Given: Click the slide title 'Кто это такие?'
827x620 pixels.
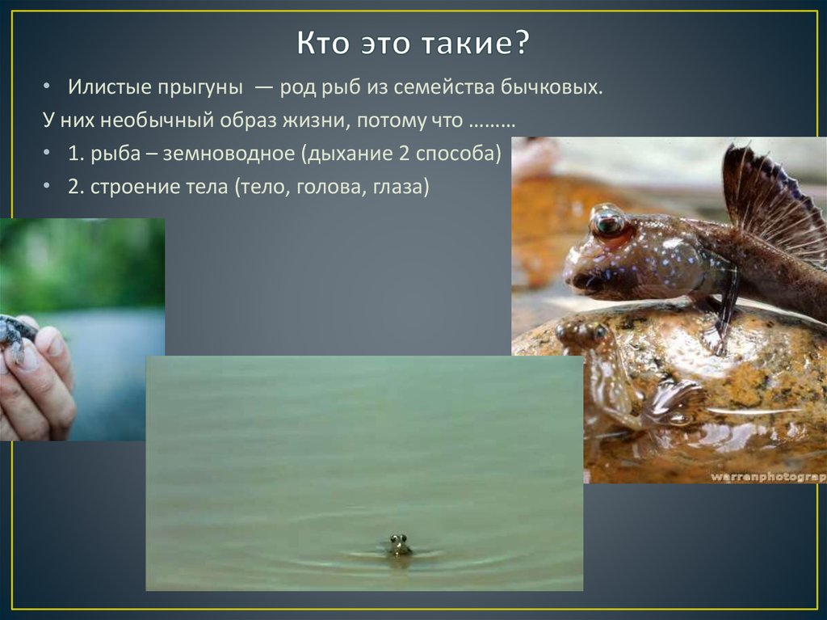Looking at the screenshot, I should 413,43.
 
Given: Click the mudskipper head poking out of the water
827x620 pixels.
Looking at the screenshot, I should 398,546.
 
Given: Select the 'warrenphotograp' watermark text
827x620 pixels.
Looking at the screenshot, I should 767,477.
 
